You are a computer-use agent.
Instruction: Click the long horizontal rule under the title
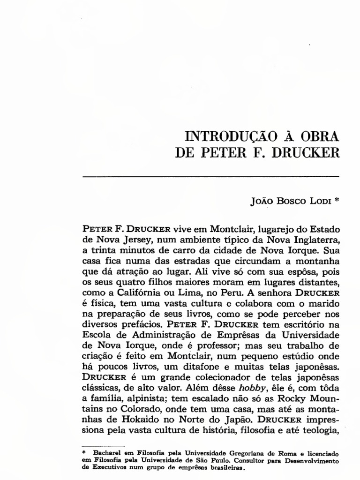[211, 176]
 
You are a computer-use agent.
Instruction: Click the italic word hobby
[249, 385]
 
